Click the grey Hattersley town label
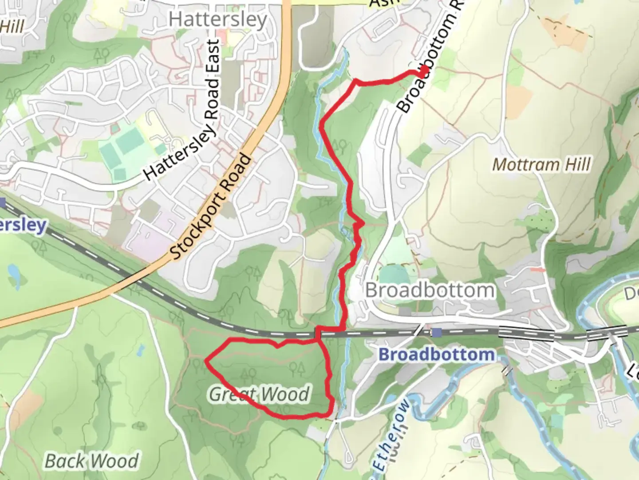click(218, 20)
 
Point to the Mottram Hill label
click(542, 165)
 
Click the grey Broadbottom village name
click(430, 291)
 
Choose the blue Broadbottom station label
click(437, 355)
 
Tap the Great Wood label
click(259, 395)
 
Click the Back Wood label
click(92, 461)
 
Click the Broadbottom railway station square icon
click(438, 332)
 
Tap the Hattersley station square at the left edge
click(3, 203)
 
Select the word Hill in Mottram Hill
click(576, 165)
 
